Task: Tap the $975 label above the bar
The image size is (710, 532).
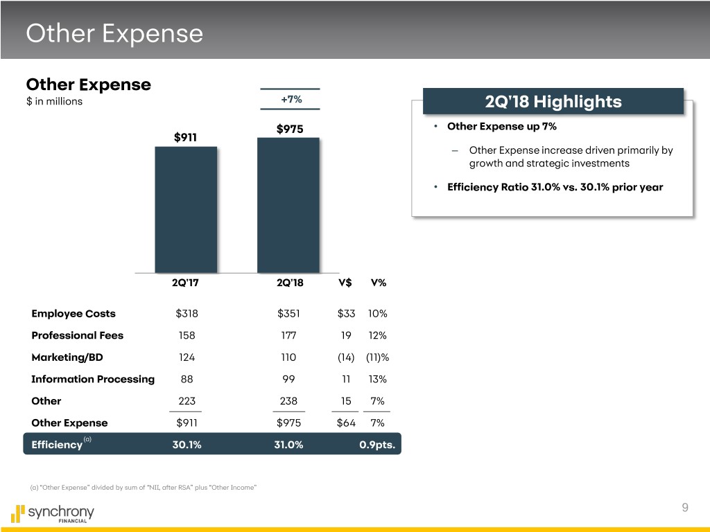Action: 290,129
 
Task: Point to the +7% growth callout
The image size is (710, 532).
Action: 291,99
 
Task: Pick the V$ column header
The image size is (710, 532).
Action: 345,283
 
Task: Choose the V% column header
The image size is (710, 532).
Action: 379,283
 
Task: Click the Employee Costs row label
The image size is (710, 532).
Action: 73,313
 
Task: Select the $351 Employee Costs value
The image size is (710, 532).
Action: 288,313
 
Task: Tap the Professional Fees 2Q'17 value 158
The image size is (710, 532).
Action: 187,335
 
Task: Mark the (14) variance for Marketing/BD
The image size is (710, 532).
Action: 346,357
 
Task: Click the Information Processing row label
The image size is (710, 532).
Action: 93,379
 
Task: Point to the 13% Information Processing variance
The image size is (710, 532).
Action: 378,379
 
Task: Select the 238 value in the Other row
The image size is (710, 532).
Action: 288,401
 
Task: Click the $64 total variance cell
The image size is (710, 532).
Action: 346,423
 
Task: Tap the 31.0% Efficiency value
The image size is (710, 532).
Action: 288,445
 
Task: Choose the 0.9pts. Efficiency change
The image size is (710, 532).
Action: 377,445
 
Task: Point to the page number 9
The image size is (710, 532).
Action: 684,508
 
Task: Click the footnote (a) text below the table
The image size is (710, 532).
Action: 144,488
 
